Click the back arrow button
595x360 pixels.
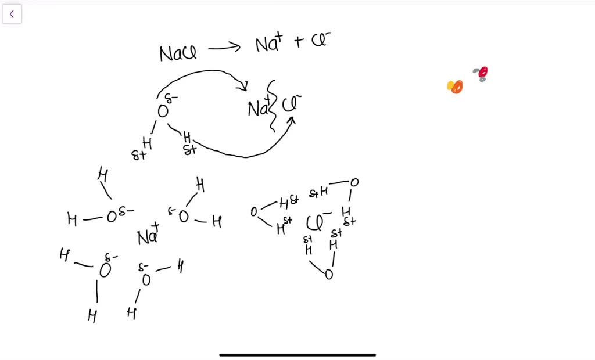[12, 14]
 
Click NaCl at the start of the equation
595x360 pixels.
[178, 54]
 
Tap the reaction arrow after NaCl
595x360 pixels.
[224, 49]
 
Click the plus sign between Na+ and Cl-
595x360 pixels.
[299, 42]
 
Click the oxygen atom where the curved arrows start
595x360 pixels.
[163, 111]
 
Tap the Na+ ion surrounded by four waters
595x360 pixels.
[149, 236]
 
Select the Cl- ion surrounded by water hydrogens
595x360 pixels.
[318, 222]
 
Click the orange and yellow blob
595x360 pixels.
[455, 87]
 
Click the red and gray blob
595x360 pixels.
[481, 73]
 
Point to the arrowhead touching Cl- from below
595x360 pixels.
[292, 120]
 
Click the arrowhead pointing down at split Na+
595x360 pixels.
[243, 87]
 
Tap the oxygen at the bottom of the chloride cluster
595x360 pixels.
[329, 274]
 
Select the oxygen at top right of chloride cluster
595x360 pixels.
[354, 182]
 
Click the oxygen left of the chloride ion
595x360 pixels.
[254, 212]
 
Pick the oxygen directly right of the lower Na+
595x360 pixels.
[184, 217]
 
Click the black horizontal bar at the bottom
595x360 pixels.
[297, 354]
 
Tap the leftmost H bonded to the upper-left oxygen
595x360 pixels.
[72, 219]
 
